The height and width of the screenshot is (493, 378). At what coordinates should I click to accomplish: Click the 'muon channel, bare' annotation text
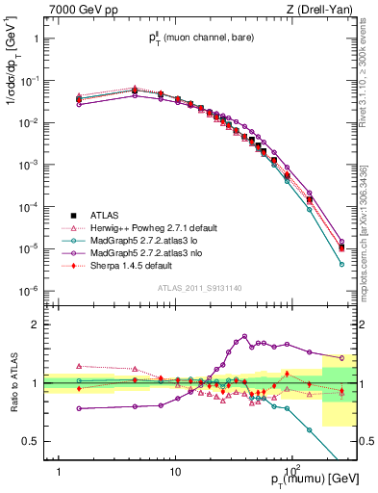205,40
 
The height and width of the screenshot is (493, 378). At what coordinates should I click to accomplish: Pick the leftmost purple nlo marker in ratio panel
79,408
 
